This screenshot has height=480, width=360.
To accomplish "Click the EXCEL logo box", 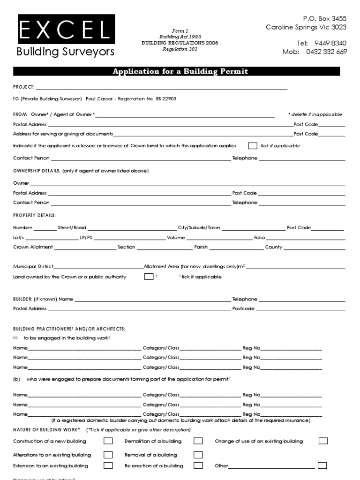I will tap(66, 30).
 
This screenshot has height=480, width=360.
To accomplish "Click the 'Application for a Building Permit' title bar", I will tap(180, 72).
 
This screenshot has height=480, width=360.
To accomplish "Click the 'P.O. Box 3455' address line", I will tap(325, 19).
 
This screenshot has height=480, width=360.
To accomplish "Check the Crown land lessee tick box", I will tap(253, 146).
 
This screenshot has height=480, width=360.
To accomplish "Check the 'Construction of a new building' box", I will tap(108, 441).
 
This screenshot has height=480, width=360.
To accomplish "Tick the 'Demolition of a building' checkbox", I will tap(198, 441).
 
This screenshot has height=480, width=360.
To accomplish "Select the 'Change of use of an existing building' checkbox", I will tap(323, 441).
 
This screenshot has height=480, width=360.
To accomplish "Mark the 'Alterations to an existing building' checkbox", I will tap(108, 455).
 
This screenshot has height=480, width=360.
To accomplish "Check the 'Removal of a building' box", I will tap(198, 455).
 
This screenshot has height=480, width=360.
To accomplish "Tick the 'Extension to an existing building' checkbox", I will tap(108, 466).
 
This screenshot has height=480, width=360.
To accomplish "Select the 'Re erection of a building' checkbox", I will tap(198, 466).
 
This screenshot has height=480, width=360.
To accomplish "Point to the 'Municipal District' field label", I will tap(33, 266).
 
